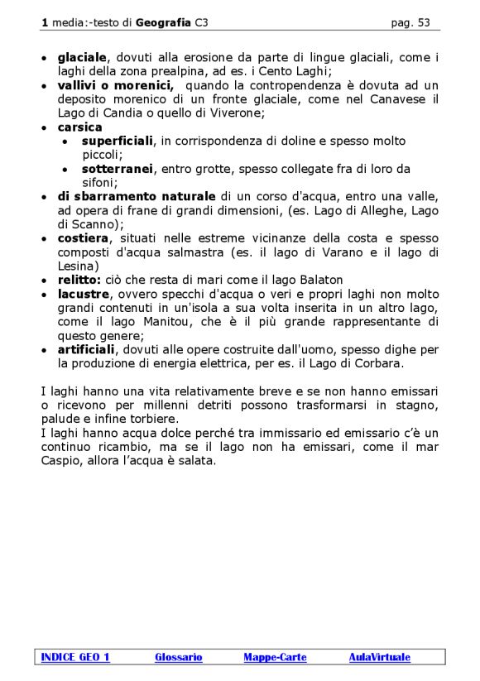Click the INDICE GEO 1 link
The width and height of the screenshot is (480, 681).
[x=75, y=657]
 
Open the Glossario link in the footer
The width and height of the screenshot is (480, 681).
[x=178, y=657]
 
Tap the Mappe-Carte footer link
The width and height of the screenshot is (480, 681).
[x=275, y=657]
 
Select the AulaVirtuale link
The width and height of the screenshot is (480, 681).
[x=379, y=657]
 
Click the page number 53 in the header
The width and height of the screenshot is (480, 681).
[x=423, y=23]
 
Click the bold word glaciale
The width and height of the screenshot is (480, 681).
[x=82, y=57]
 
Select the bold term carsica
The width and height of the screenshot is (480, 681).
[x=79, y=127]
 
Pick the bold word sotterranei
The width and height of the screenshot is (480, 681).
[x=118, y=170]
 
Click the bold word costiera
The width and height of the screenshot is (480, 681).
[x=83, y=238]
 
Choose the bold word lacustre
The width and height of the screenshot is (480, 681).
[x=82, y=294]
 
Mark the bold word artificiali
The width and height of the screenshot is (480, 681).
[x=86, y=349]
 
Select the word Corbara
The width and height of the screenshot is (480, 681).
[x=379, y=363]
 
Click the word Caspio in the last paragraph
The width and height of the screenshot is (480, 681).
[x=61, y=461]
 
